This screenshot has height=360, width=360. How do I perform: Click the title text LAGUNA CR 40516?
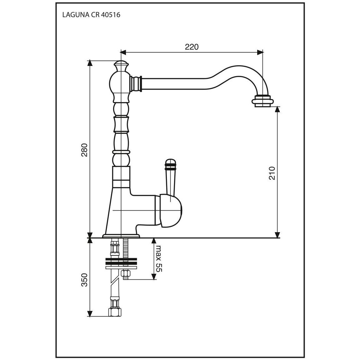[x=91, y=15]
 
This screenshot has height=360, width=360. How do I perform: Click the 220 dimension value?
[x=192, y=47]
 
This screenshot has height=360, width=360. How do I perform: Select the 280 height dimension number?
[x=84, y=150]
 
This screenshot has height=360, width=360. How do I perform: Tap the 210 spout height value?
[x=272, y=173]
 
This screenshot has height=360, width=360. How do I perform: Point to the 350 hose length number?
[x=84, y=280]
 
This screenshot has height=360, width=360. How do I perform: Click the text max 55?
[x=159, y=258]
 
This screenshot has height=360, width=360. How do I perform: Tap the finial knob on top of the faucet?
[x=121, y=66]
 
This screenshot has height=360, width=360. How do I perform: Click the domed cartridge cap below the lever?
[x=171, y=211]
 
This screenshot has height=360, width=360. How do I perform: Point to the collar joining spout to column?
[x=136, y=84]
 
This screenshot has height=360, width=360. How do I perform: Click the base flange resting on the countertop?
[x=121, y=236]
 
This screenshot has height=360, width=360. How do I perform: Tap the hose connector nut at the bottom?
[x=115, y=312]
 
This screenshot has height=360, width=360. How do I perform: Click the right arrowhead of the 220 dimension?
[x=260, y=52]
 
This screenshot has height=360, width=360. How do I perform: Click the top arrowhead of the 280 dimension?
[x=90, y=63]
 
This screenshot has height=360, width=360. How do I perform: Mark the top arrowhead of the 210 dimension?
[x=277, y=109]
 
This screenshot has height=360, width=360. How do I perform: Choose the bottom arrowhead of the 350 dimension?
[x=90, y=314]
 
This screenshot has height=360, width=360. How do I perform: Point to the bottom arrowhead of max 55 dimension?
[x=154, y=277]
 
